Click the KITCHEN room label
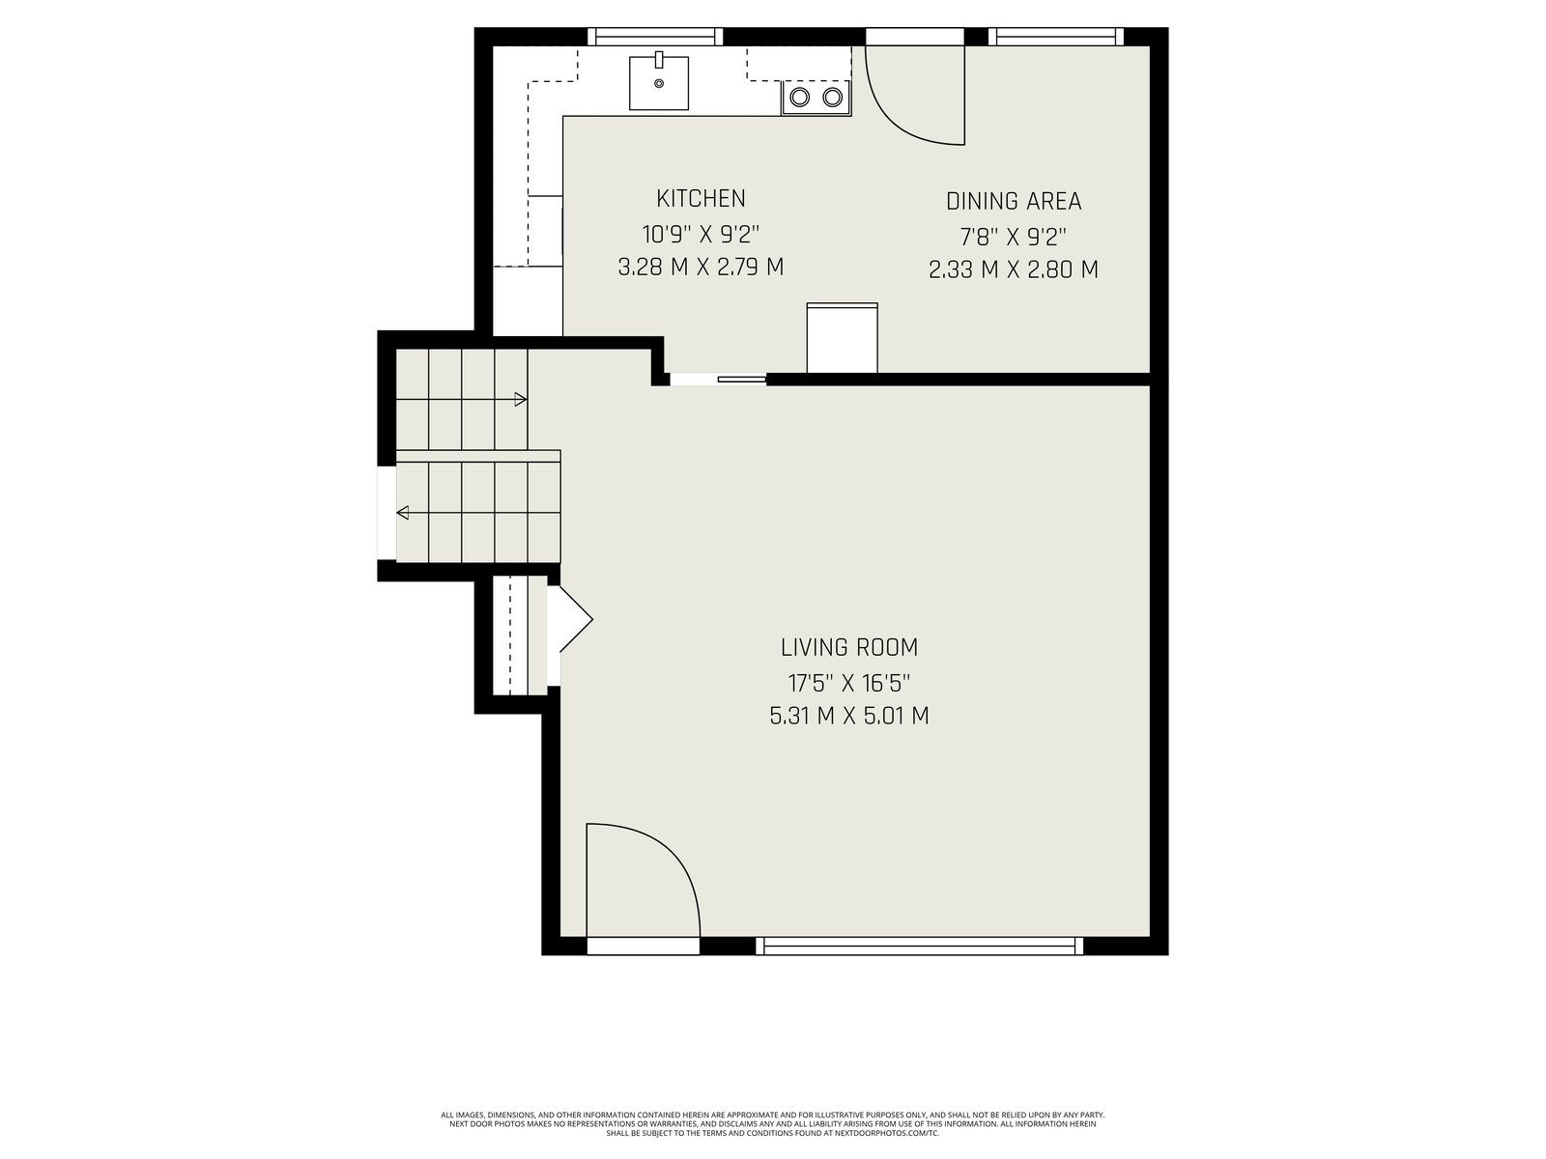tap(701, 198)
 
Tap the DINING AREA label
tap(1013, 201)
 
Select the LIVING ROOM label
tap(848, 647)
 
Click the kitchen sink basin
tap(659, 83)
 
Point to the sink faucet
tap(659, 60)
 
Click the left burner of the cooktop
tap(799, 98)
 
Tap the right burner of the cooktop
tap(833, 98)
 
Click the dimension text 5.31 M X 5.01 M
tap(848, 716)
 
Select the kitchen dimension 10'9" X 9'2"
tap(701, 233)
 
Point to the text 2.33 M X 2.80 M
tap(1013, 269)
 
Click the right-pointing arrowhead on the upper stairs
tap(521, 399)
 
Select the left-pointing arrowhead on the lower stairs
tap(403, 512)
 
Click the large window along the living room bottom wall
tap(919, 946)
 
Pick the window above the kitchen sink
tap(655, 37)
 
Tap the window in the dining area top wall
tap(1056, 37)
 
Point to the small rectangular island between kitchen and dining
tap(842, 337)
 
